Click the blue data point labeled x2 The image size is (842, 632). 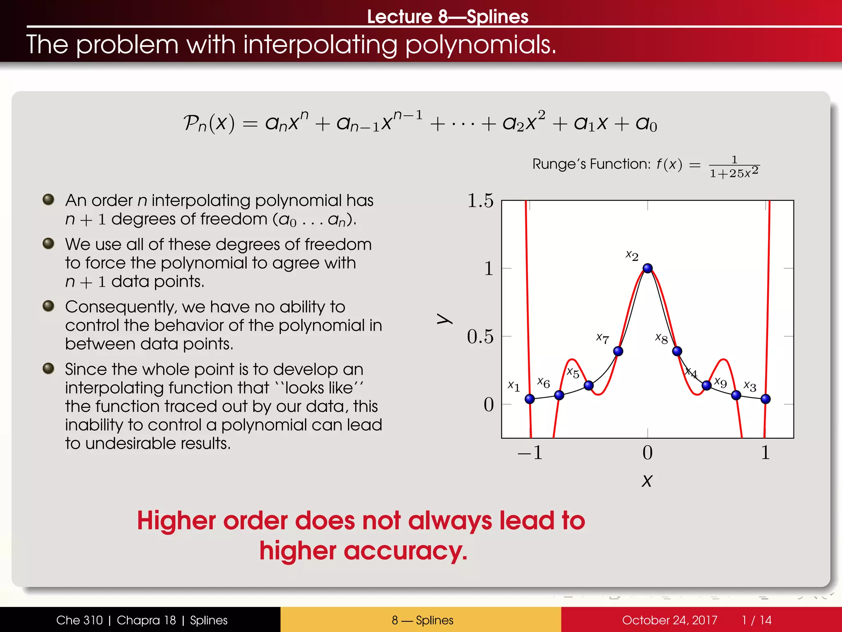click(x=648, y=268)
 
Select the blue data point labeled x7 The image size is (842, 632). click(x=618, y=351)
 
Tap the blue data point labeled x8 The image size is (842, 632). click(x=677, y=351)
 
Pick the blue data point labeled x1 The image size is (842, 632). click(x=530, y=399)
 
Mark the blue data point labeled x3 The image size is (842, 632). click(x=766, y=399)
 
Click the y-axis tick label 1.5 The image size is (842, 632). click(x=480, y=201)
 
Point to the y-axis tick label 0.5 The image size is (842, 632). click(x=480, y=337)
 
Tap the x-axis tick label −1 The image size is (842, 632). click(x=530, y=453)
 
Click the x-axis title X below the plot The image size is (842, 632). click(x=647, y=481)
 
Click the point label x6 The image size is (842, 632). click(x=544, y=383)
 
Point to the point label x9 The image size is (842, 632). click(x=720, y=382)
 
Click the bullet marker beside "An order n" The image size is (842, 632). click(x=49, y=200)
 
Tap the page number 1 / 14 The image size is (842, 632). click(x=756, y=620)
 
